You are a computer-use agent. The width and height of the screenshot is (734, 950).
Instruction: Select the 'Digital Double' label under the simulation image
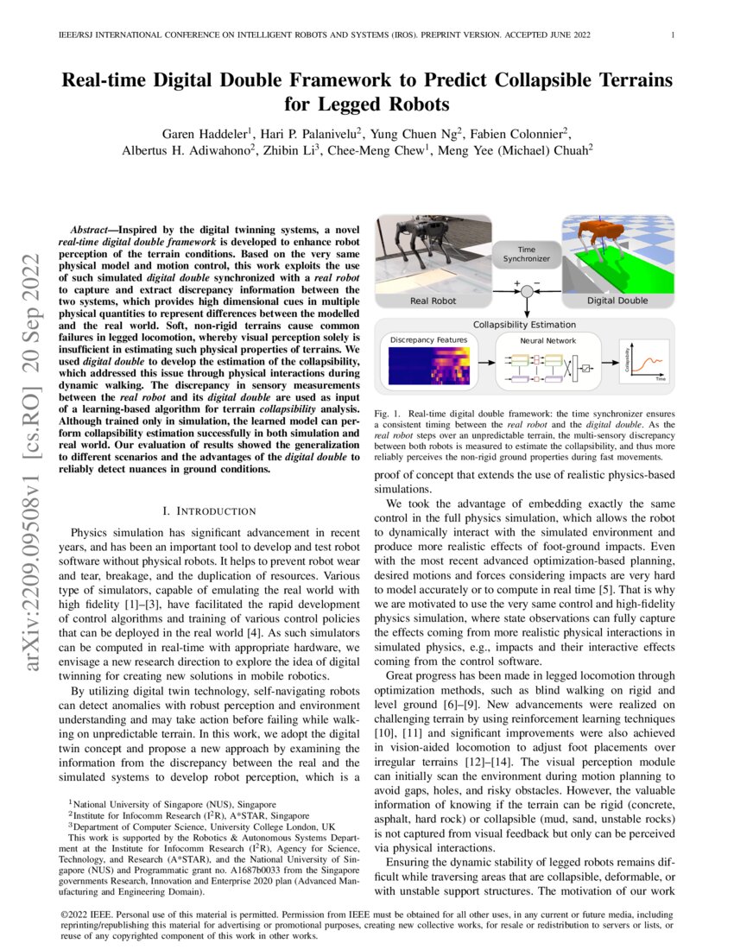[618, 301]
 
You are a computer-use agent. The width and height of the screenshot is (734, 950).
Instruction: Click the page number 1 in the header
[672, 35]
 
